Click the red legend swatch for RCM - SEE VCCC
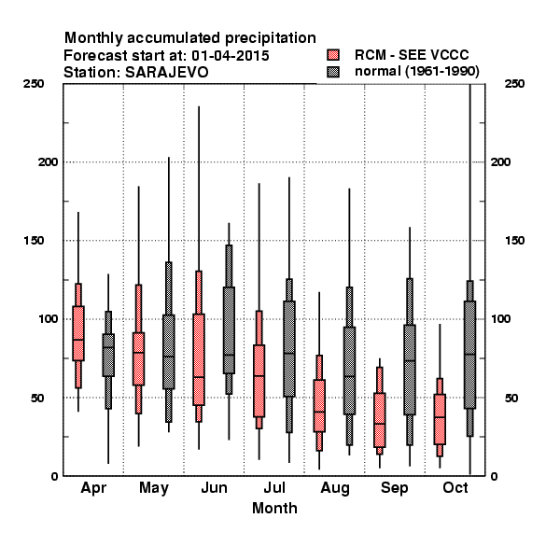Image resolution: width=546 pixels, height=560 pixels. (x=333, y=55)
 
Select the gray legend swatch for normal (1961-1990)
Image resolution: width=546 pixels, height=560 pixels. (x=333, y=72)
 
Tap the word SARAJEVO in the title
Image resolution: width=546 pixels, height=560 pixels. (x=166, y=73)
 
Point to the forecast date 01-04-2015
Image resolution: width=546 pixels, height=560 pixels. (x=230, y=56)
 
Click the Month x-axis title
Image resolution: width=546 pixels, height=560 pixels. (x=274, y=509)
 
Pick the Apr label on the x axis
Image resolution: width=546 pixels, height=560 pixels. (x=93, y=488)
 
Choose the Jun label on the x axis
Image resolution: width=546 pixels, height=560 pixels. (x=214, y=488)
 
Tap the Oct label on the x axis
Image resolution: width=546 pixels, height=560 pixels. (x=455, y=488)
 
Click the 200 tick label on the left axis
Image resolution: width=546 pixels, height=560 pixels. (x=48, y=162)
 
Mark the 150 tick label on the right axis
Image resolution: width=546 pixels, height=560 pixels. (x=514, y=241)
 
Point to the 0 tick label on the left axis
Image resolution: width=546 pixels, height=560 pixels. (x=54, y=476)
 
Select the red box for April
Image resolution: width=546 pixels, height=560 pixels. (x=78, y=333)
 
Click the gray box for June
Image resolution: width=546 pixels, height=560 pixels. (x=229, y=330)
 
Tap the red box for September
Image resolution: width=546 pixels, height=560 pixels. (x=380, y=420)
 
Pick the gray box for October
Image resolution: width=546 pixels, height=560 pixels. (x=470, y=355)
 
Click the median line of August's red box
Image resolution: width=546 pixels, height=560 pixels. (x=319, y=412)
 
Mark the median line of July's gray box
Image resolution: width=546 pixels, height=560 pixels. (x=289, y=353)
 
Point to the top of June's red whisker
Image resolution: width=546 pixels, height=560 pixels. (x=199, y=106)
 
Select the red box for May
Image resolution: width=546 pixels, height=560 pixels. (x=138, y=359)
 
